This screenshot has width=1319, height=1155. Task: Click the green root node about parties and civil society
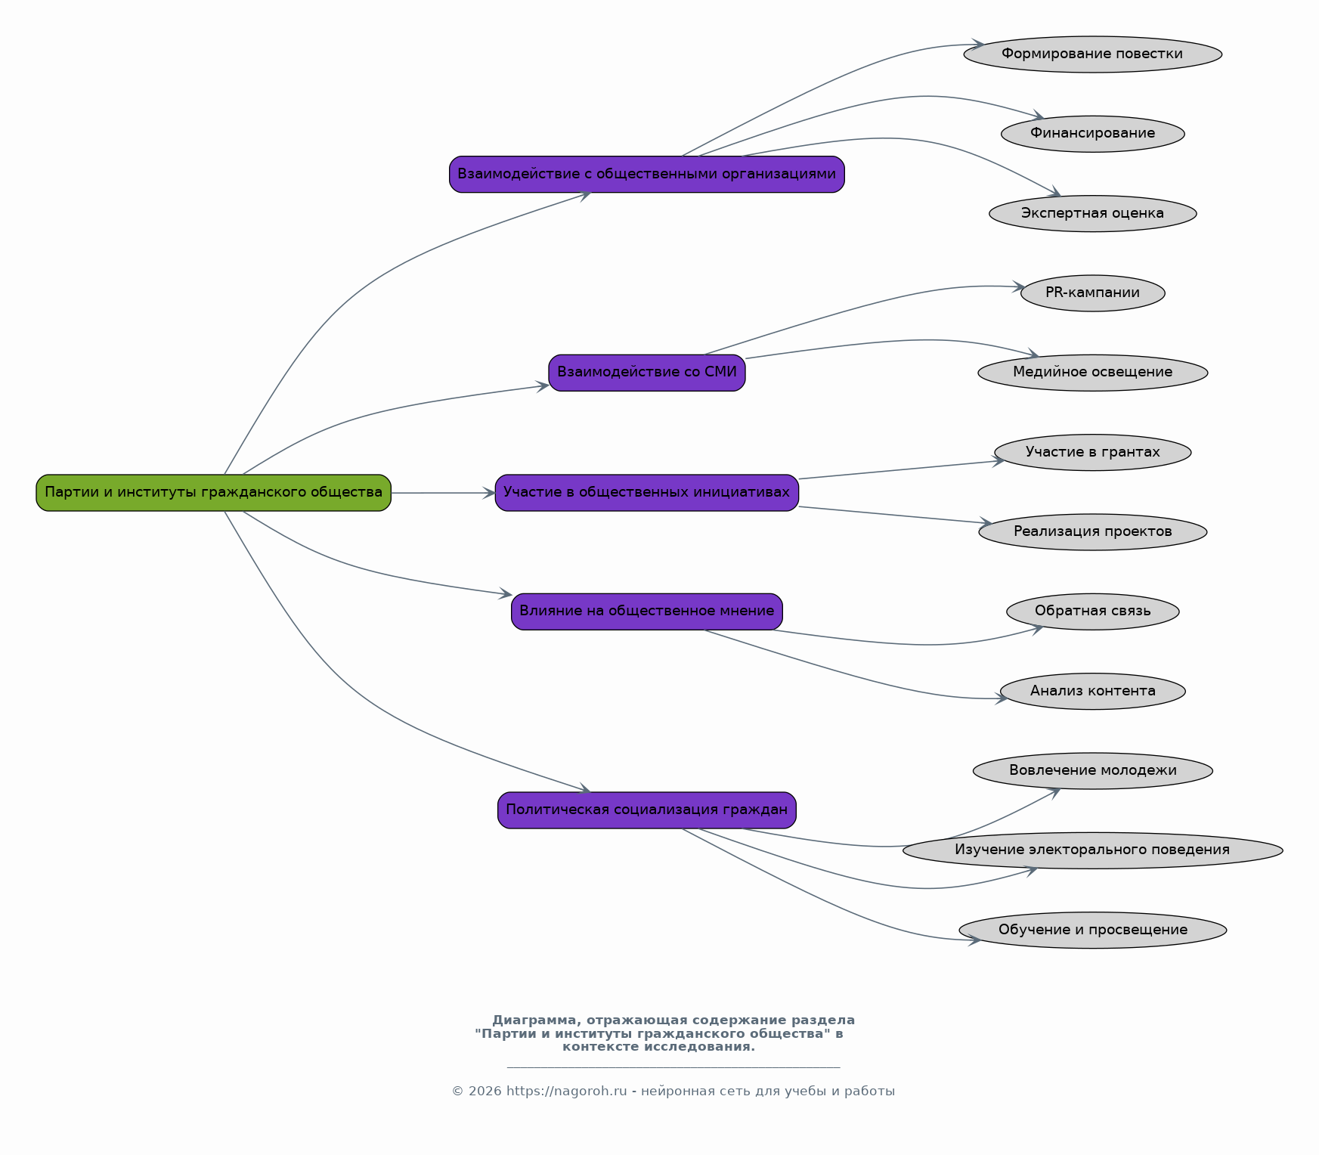coord(214,493)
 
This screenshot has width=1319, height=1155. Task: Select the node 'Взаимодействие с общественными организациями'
coord(647,175)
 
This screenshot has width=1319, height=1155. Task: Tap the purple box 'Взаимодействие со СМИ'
coord(647,373)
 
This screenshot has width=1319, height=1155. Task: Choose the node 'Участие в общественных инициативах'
coord(647,493)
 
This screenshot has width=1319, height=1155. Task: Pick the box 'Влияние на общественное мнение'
coord(647,612)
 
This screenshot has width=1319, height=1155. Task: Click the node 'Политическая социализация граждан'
coord(647,810)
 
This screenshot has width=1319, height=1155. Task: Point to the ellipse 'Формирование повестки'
coord(1093,54)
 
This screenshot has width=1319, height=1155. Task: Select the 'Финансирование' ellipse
coord(1093,134)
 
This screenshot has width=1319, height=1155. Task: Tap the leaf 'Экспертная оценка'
coord(1093,214)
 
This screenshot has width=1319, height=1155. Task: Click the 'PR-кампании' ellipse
coord(1093,293)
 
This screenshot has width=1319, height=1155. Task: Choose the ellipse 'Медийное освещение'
coord(1093,373)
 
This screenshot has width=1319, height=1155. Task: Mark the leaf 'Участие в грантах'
coord(1093,453)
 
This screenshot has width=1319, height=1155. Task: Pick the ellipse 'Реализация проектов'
coord(1093,532)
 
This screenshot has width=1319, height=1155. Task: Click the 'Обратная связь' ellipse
coord(1093,612)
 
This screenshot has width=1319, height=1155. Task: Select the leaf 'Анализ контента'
coord(1093,692)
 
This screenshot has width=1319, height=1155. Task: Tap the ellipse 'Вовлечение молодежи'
coord(1093,771)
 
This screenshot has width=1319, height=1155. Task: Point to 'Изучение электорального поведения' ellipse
coord(1093,850)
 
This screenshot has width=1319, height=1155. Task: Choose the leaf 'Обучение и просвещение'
coord(1093,931)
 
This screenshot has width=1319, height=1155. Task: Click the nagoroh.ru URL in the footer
coord(567,1092)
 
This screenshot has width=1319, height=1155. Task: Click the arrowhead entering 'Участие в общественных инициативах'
coord(489,493)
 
